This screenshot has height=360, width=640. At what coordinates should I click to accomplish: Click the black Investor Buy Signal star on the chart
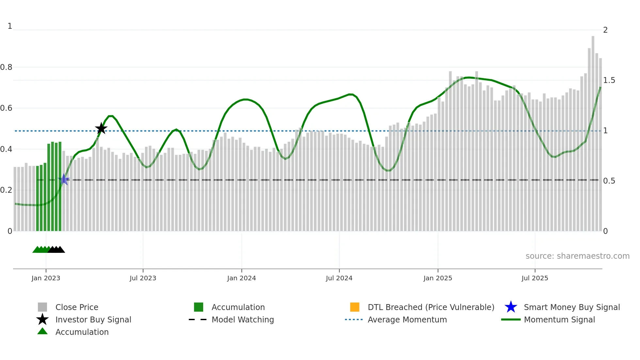click(x=101, y=128)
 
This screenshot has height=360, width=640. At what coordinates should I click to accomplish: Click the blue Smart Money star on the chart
click(x=64, y=179)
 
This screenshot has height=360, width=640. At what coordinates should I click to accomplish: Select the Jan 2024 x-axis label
click(x=241, y=278)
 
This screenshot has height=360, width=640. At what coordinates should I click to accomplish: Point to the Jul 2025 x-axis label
click(x=535, y=278)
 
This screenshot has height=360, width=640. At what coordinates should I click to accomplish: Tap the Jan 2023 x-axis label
click(x=46, y=278)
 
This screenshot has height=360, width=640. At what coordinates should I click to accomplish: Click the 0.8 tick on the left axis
click(x=6, y=67)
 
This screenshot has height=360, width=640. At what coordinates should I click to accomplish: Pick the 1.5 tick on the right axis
click(x=609, y=80)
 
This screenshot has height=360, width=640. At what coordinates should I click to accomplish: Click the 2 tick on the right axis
click(x=605, y=30)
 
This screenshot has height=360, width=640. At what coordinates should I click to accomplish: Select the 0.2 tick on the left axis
click(x=6, y=190)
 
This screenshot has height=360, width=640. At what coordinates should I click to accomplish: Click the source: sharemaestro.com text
click(x=577, y=256)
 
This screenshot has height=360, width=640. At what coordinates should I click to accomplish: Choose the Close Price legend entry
click(x=77, y=307)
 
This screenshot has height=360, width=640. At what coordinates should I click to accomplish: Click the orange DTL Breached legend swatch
click(x=355, y=307)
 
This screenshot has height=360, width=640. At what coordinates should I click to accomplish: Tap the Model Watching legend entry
click(x=242, y=319)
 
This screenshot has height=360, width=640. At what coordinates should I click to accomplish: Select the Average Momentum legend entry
click(x=407, y=319)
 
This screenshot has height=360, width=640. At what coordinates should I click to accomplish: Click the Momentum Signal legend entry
click(x=559, y=319)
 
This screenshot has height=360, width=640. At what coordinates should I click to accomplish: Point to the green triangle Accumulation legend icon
click(x=42, y=332)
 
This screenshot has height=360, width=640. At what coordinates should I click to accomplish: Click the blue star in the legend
click(x=511, y=307)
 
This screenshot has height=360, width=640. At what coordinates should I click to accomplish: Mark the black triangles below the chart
click(x=56, y=250)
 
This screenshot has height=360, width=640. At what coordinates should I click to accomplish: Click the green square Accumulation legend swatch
click(x=199, y=307)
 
